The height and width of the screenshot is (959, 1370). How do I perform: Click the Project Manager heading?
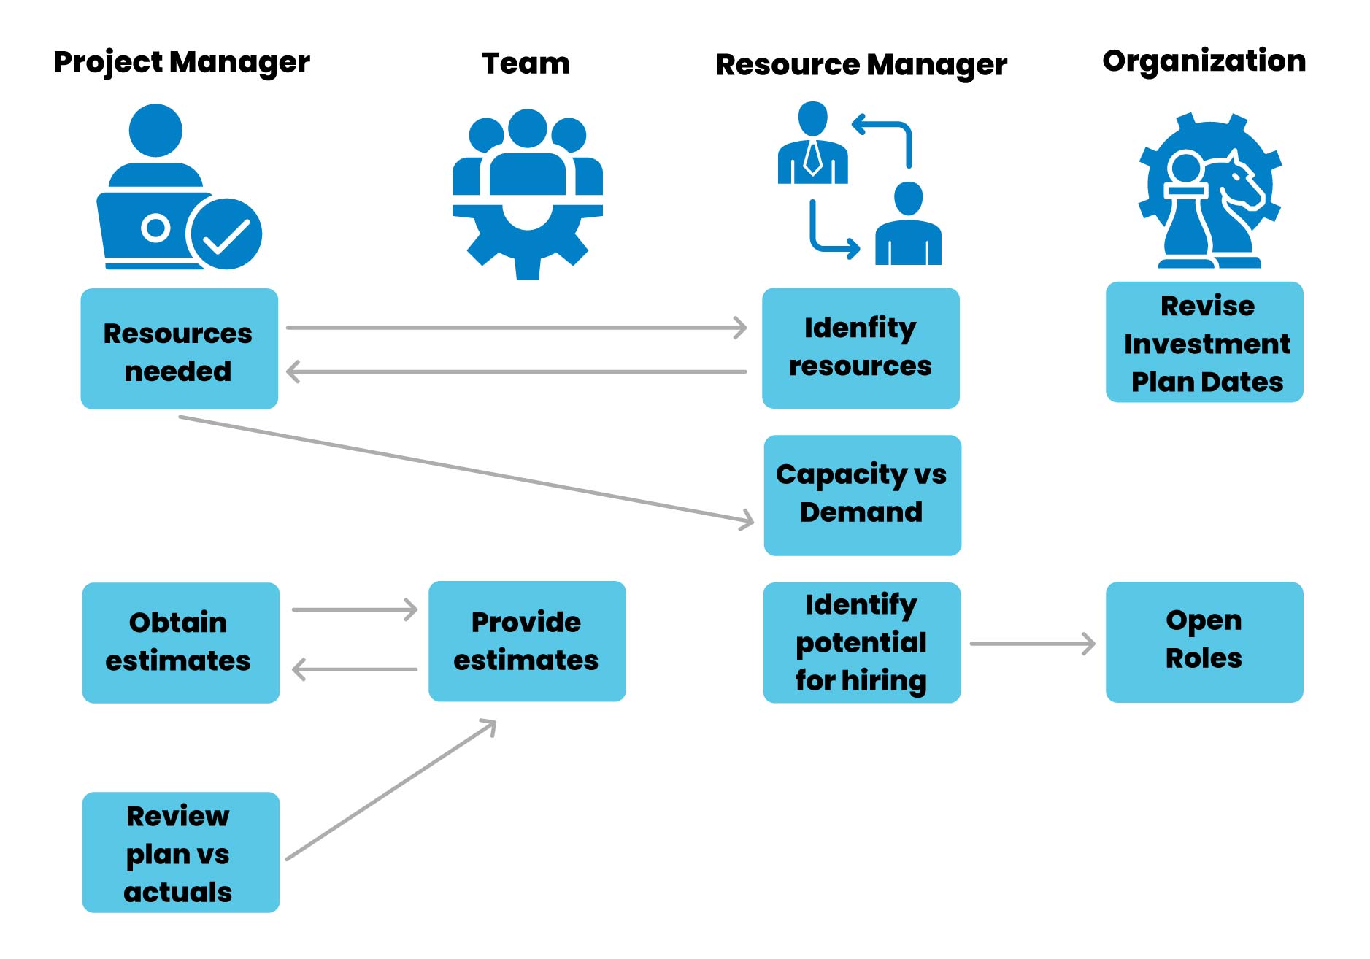(x=181, y=63)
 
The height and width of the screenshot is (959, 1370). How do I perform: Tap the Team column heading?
(x=526, y=64)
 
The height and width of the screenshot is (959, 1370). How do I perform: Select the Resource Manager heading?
(x=861, y=65)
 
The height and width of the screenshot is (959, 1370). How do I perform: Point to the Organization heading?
(x=1204, y=61)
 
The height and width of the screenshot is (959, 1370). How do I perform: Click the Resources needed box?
(x=179, y=349)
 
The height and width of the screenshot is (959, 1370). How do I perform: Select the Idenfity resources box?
(x=861, y=348)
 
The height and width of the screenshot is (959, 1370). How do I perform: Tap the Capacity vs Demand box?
(x=862, y=495)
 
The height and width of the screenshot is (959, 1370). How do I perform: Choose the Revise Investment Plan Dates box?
(x=1204, y=342)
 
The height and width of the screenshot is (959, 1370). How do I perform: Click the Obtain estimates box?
(x=180, y=642)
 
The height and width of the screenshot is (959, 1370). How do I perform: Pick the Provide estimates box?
(x=526, y=642)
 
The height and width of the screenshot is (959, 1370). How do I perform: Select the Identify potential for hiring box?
(x=861, y=642)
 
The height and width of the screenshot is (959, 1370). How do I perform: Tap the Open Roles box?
(x=1204, y=642)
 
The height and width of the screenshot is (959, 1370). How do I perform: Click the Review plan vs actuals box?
(x=180, y=852)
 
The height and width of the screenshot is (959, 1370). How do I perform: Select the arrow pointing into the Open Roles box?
(x=1032, y=644)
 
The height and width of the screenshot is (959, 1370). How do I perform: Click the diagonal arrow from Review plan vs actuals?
(x=390, y=790)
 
